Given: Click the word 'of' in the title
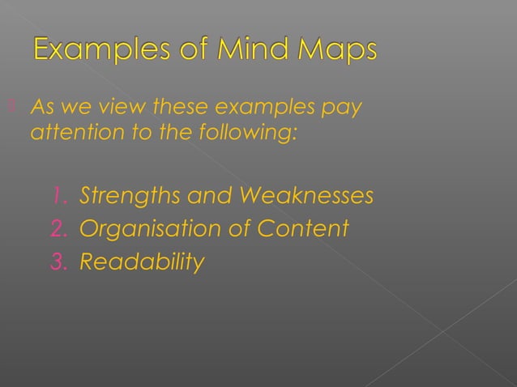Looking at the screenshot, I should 184,50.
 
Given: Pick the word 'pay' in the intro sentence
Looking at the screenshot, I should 343,108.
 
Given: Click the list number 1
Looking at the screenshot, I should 58,196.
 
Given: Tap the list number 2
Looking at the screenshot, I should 58,229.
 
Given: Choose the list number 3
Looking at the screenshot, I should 58,262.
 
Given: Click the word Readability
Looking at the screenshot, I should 142,263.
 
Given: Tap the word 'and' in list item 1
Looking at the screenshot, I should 207,196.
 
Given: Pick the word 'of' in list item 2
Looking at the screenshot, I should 235,229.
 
